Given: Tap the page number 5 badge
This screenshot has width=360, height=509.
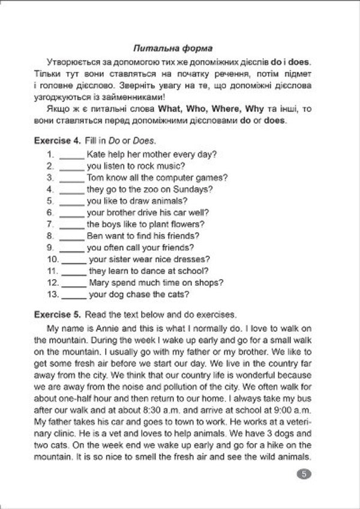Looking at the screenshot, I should [304, 474].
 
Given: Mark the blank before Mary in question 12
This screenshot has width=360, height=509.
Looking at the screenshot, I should [74, 283].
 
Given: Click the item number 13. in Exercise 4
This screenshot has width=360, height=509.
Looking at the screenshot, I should [52, 294].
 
